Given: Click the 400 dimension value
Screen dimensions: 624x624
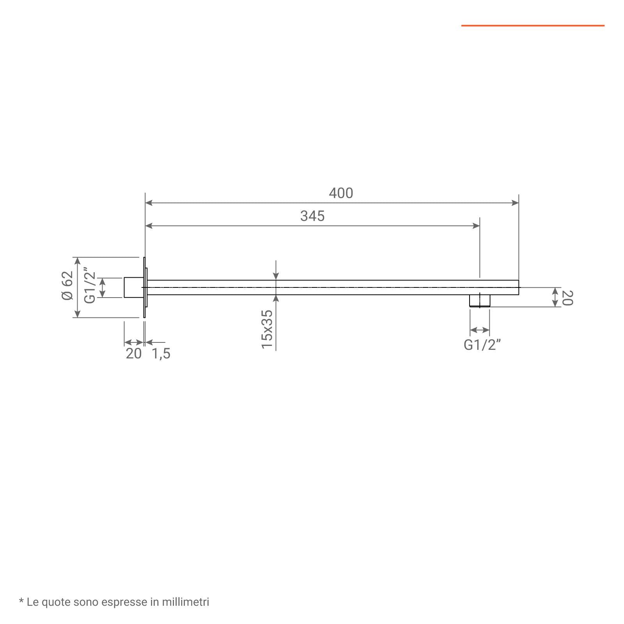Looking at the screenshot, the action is point(341,193).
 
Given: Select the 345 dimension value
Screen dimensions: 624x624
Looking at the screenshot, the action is point(312,216).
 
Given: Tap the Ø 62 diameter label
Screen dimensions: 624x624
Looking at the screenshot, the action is point(67,285).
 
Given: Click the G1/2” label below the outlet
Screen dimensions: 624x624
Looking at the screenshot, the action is point(482,345).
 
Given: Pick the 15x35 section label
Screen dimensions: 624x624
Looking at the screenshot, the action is point(267,329).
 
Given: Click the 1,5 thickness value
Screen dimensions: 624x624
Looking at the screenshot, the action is point(161,354).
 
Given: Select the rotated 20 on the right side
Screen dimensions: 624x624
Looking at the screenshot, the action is point(567,298).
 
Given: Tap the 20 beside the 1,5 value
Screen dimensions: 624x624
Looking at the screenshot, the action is point(133,354).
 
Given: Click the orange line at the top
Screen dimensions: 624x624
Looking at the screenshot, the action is point(533,26).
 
